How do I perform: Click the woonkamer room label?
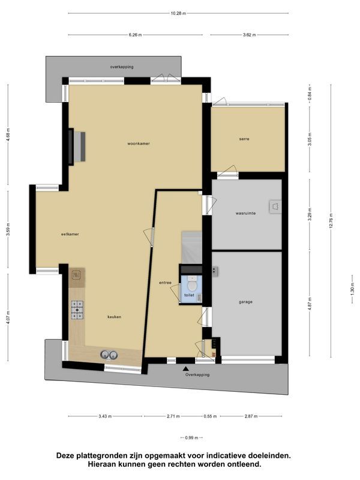click(138, 143)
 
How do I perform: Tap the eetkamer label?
click(70, 234)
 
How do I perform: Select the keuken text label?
click(115, 317)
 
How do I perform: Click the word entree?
click(165, 283)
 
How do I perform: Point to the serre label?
click(244, 139)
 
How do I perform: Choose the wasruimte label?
click(245, 213)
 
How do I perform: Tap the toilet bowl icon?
click(191, 280)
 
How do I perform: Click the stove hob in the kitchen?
click(77, 309)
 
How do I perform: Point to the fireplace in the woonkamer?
click(78, 146)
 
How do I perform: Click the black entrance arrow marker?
click(186, 368)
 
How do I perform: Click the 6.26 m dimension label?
click(135, 35)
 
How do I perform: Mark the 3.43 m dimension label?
click(104, 416)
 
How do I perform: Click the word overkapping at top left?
click(122, 67)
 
